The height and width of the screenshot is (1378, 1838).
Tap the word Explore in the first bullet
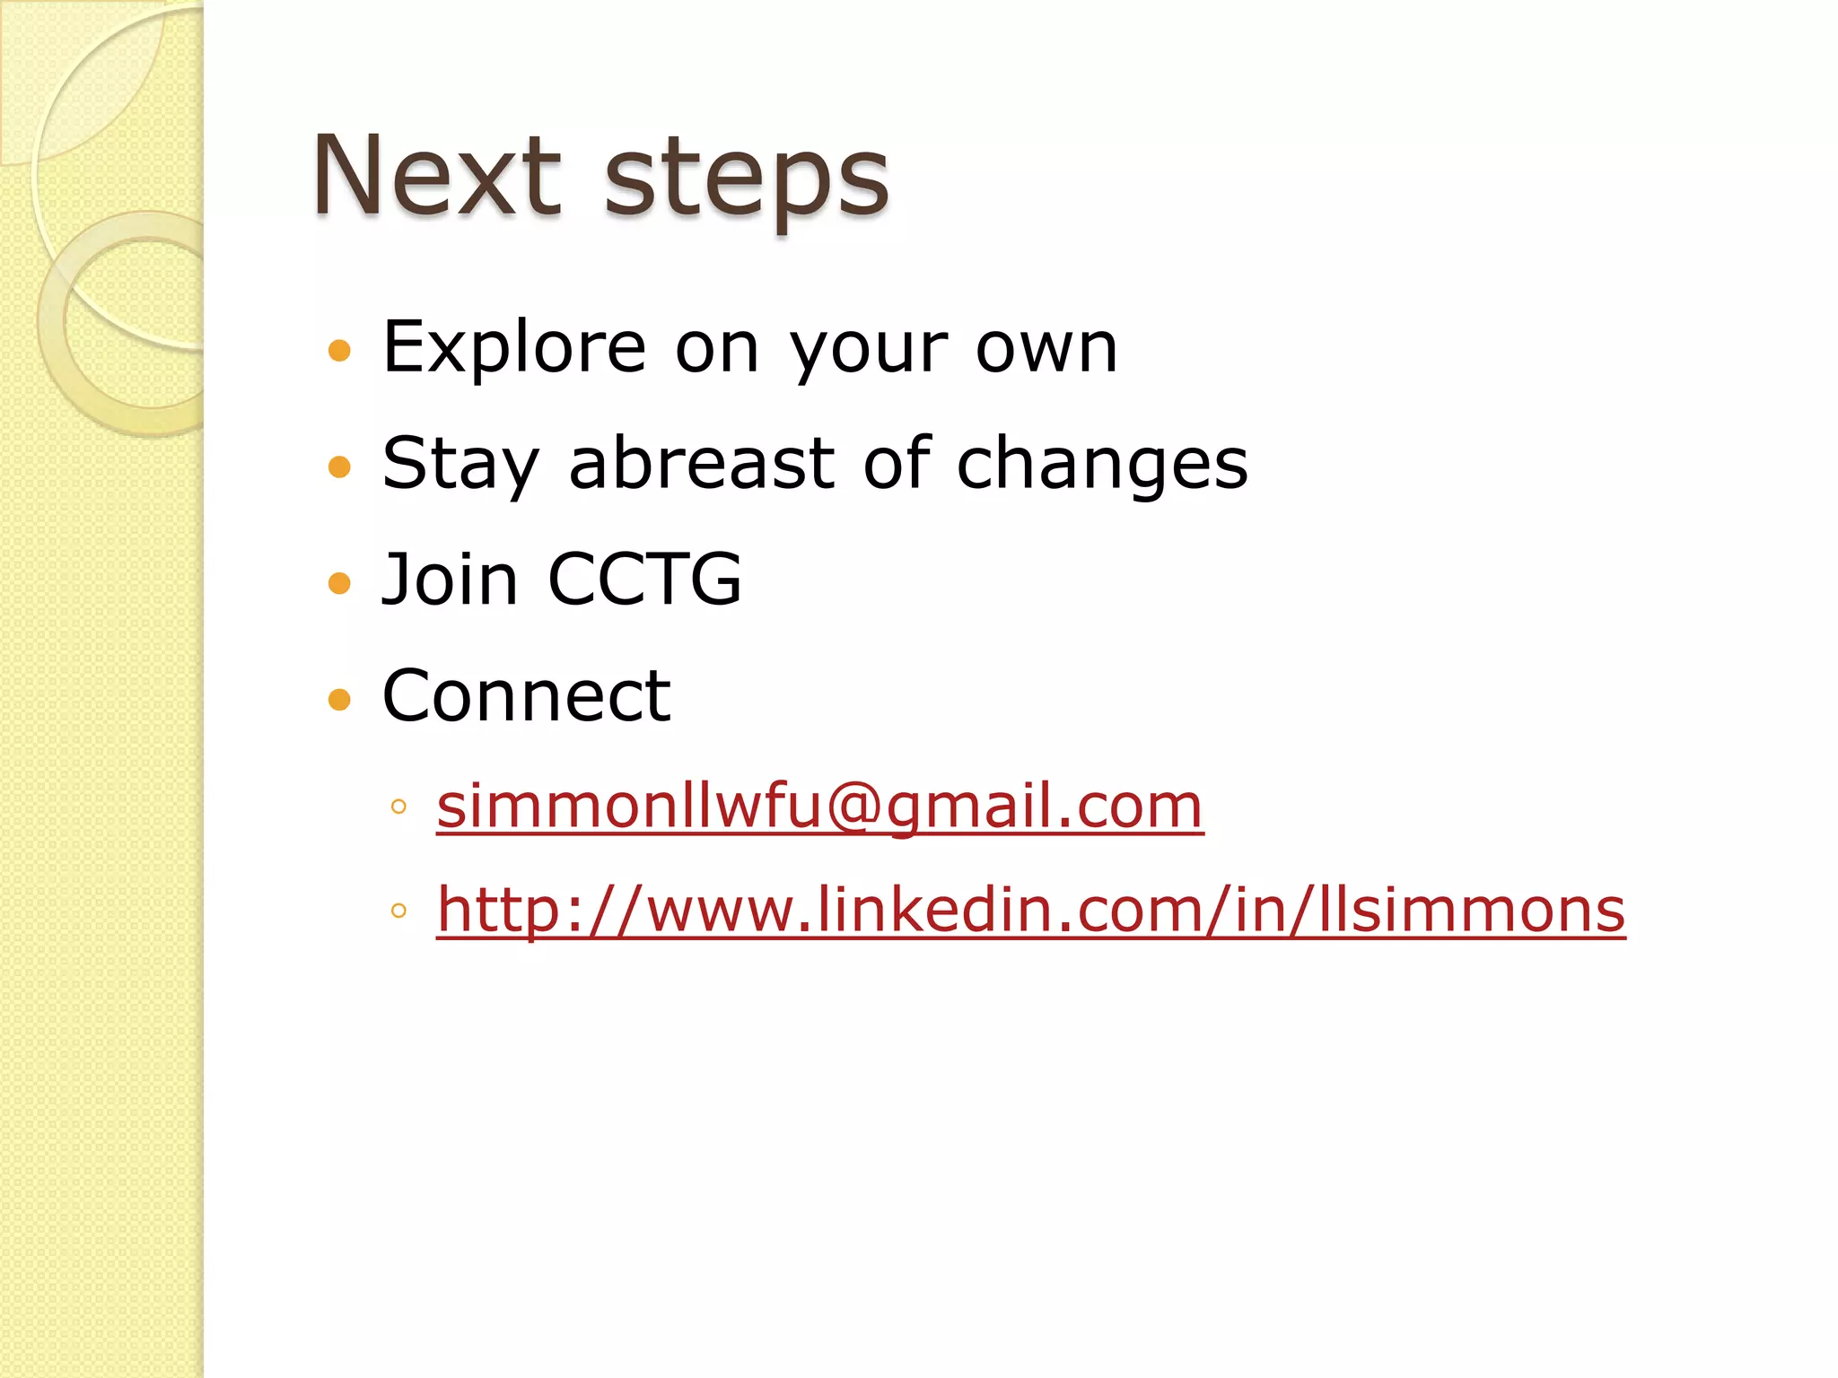514,347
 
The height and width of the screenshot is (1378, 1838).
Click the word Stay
460,465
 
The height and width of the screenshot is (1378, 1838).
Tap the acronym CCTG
644,580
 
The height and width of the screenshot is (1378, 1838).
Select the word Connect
526,696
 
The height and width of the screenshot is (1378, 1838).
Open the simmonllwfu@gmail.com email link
819,806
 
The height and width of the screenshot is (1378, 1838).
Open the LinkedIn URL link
1030,910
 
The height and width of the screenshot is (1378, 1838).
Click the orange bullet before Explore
339,351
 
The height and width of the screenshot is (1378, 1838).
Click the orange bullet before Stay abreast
339,467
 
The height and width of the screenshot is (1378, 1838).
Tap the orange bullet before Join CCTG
339,583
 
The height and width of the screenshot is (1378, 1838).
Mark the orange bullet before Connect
339,699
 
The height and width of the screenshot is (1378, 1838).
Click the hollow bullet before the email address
399,807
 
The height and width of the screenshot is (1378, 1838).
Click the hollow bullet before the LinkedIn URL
399,911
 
